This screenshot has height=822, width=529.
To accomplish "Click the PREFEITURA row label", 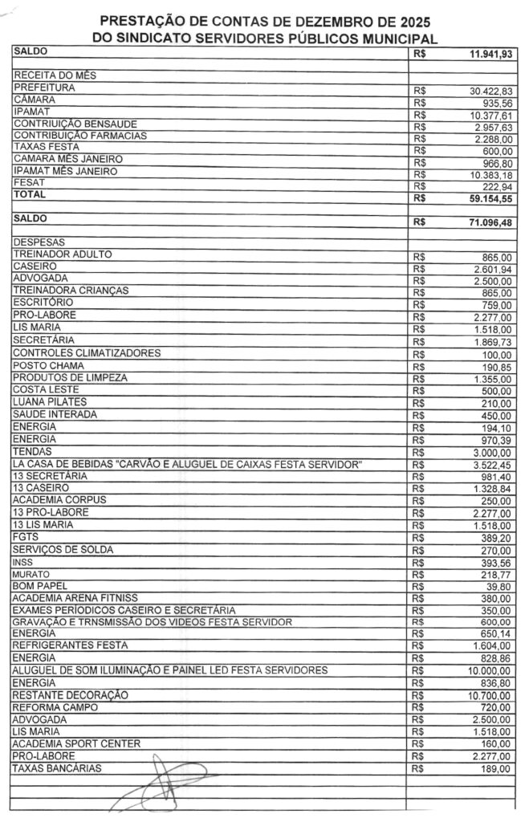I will pyautogui.click(x=39, y=87).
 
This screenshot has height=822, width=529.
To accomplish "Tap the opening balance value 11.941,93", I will pyautogui.click(x=490, y=55).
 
